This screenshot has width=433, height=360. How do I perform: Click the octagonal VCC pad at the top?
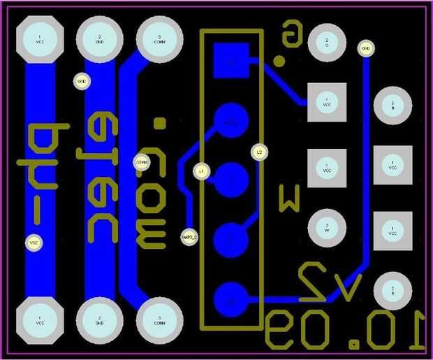coord(40,39)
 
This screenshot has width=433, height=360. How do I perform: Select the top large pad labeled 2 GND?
coord(100,39)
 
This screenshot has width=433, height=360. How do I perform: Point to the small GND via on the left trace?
coord(82,82)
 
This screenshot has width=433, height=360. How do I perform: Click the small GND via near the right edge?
coord(365,48)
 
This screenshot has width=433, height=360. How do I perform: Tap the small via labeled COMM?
coord(142,162)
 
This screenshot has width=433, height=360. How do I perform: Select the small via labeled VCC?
coord(33,243)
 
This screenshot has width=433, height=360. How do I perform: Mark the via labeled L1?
coord(201,170)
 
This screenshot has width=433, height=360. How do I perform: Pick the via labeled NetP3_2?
coord(189,238)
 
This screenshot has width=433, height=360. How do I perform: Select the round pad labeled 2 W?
coord(326,228)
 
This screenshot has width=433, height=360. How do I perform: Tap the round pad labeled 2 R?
coord(392,290)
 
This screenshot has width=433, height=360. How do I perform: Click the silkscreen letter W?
coord(290,197)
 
